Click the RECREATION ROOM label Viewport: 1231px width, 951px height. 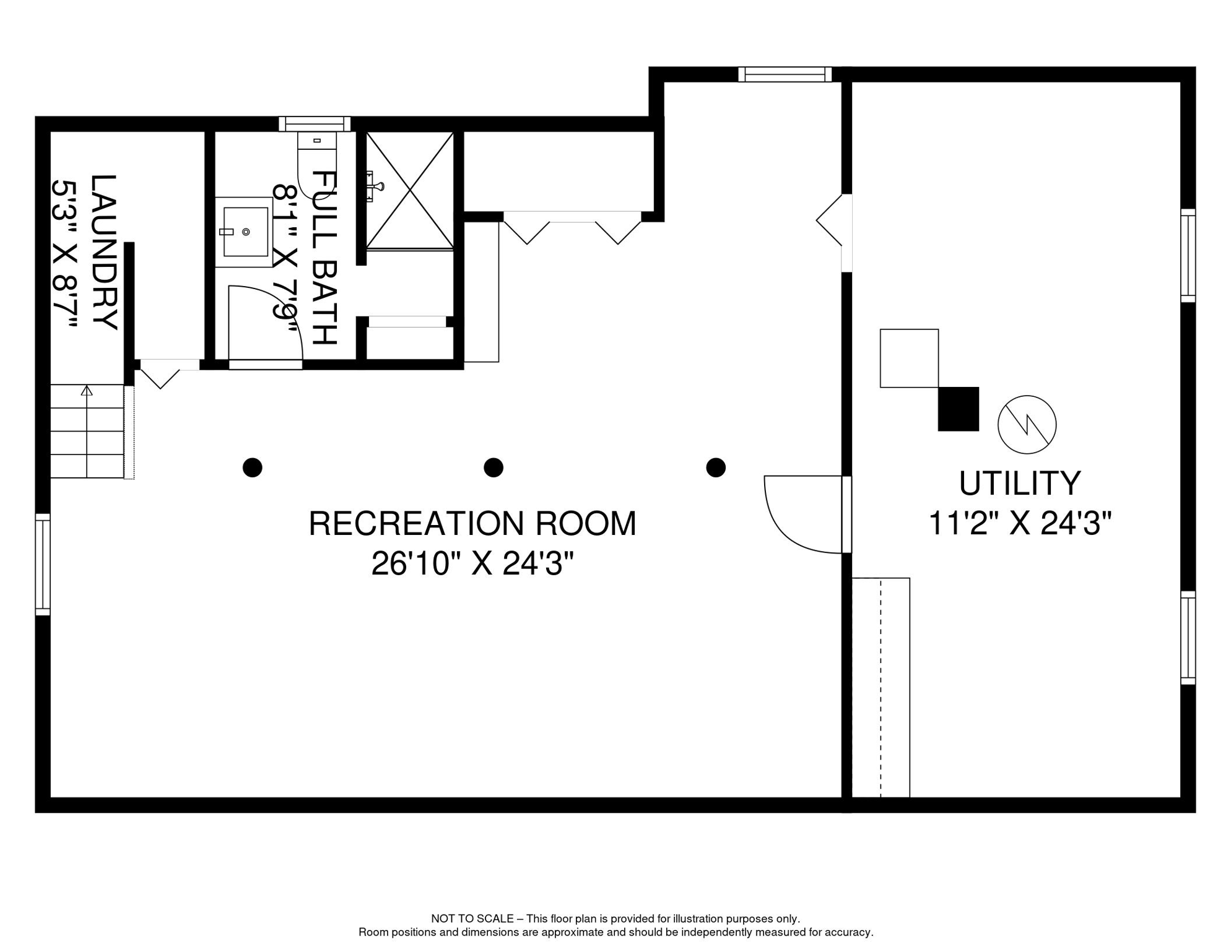click(472, 524)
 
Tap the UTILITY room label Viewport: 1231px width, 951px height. click(1020, 484)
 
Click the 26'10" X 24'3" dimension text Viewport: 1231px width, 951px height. click(472, 564)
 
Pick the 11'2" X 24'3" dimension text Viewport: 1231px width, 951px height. click(1020, 523)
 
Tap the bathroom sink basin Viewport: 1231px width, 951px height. click(245, 232)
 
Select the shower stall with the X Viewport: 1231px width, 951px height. click(410, 191)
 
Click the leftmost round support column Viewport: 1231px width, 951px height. click(253, 467)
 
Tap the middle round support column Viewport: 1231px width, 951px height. click(494, 467)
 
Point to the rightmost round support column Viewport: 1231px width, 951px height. click(716, 467)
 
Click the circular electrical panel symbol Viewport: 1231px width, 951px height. click(1027, 425)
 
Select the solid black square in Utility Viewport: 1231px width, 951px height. click(959, 409)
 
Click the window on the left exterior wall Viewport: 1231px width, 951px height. click(43, 564)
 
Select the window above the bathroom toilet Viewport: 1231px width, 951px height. click(315, 124)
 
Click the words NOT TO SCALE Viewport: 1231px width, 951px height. click(472, 919)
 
